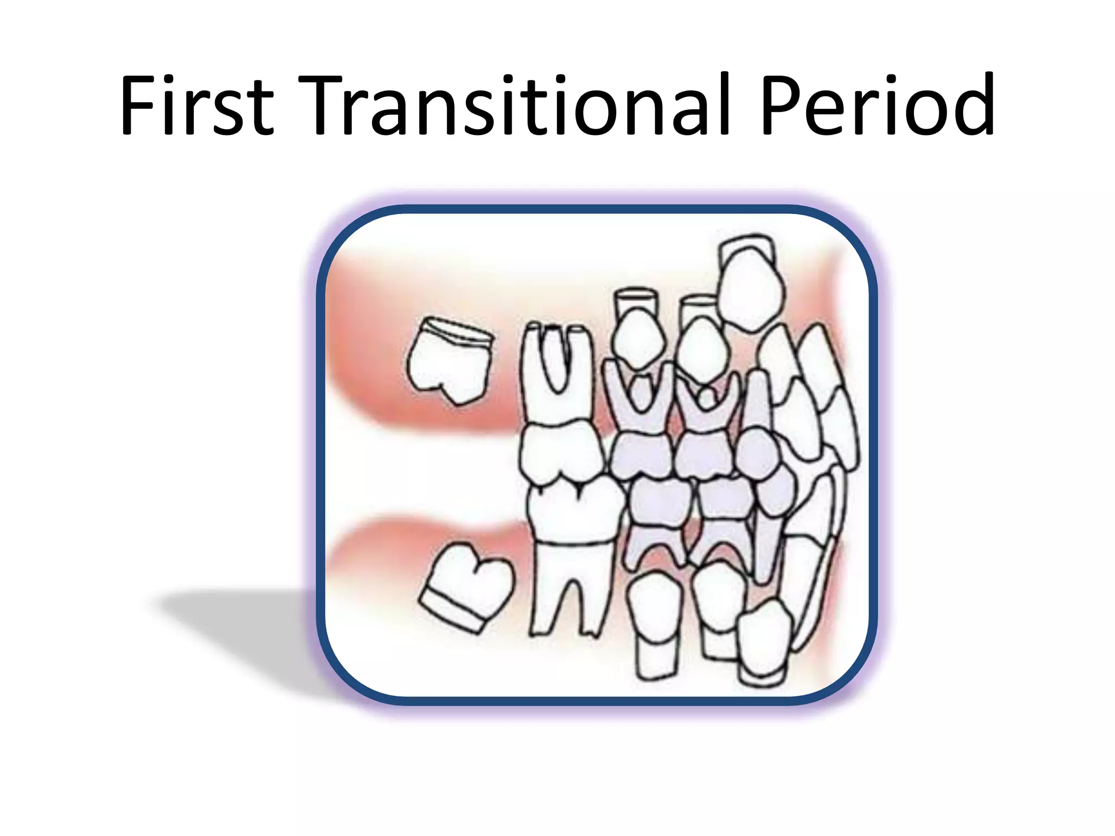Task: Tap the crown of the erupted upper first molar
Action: pos(561,452)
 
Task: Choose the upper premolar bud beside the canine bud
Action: pos(702,348)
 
